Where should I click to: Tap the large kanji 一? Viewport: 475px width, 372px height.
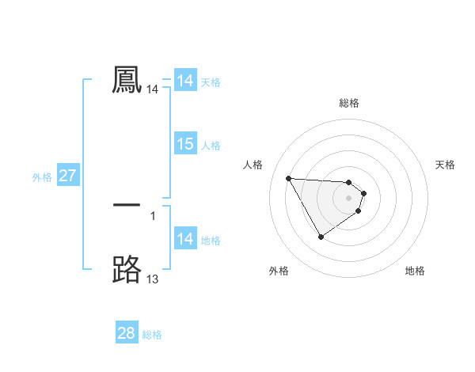(127, 205)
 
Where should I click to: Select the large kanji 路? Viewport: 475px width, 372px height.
(127, 269)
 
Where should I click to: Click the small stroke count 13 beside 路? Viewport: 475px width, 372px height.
(153, 279)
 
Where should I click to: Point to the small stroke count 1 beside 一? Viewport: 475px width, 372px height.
(153, 215)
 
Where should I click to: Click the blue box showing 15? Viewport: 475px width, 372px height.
(185, 144)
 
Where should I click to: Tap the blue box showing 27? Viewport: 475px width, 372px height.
(67, 176)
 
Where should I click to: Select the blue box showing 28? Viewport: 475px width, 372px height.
(127, 333)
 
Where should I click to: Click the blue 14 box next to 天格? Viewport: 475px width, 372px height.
(185, 81)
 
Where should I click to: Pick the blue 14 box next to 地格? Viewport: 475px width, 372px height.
(185, 239)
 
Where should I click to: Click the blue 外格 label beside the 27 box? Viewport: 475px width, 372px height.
(42, 177)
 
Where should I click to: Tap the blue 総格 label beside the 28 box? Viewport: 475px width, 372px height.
(152, 335)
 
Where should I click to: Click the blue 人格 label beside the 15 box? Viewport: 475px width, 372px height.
(211, 146)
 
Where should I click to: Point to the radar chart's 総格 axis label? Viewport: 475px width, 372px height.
(349, 103)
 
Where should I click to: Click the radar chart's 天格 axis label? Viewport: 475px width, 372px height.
(446, 165)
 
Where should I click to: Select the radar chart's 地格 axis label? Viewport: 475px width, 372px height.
(415, 271)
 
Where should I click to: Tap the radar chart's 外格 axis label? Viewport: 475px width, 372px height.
(279, 271)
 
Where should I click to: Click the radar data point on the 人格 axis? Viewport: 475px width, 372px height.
(288, 178)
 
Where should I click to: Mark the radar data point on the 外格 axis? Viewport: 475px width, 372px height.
(321, 237)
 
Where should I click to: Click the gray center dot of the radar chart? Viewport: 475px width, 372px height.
(349, 198)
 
